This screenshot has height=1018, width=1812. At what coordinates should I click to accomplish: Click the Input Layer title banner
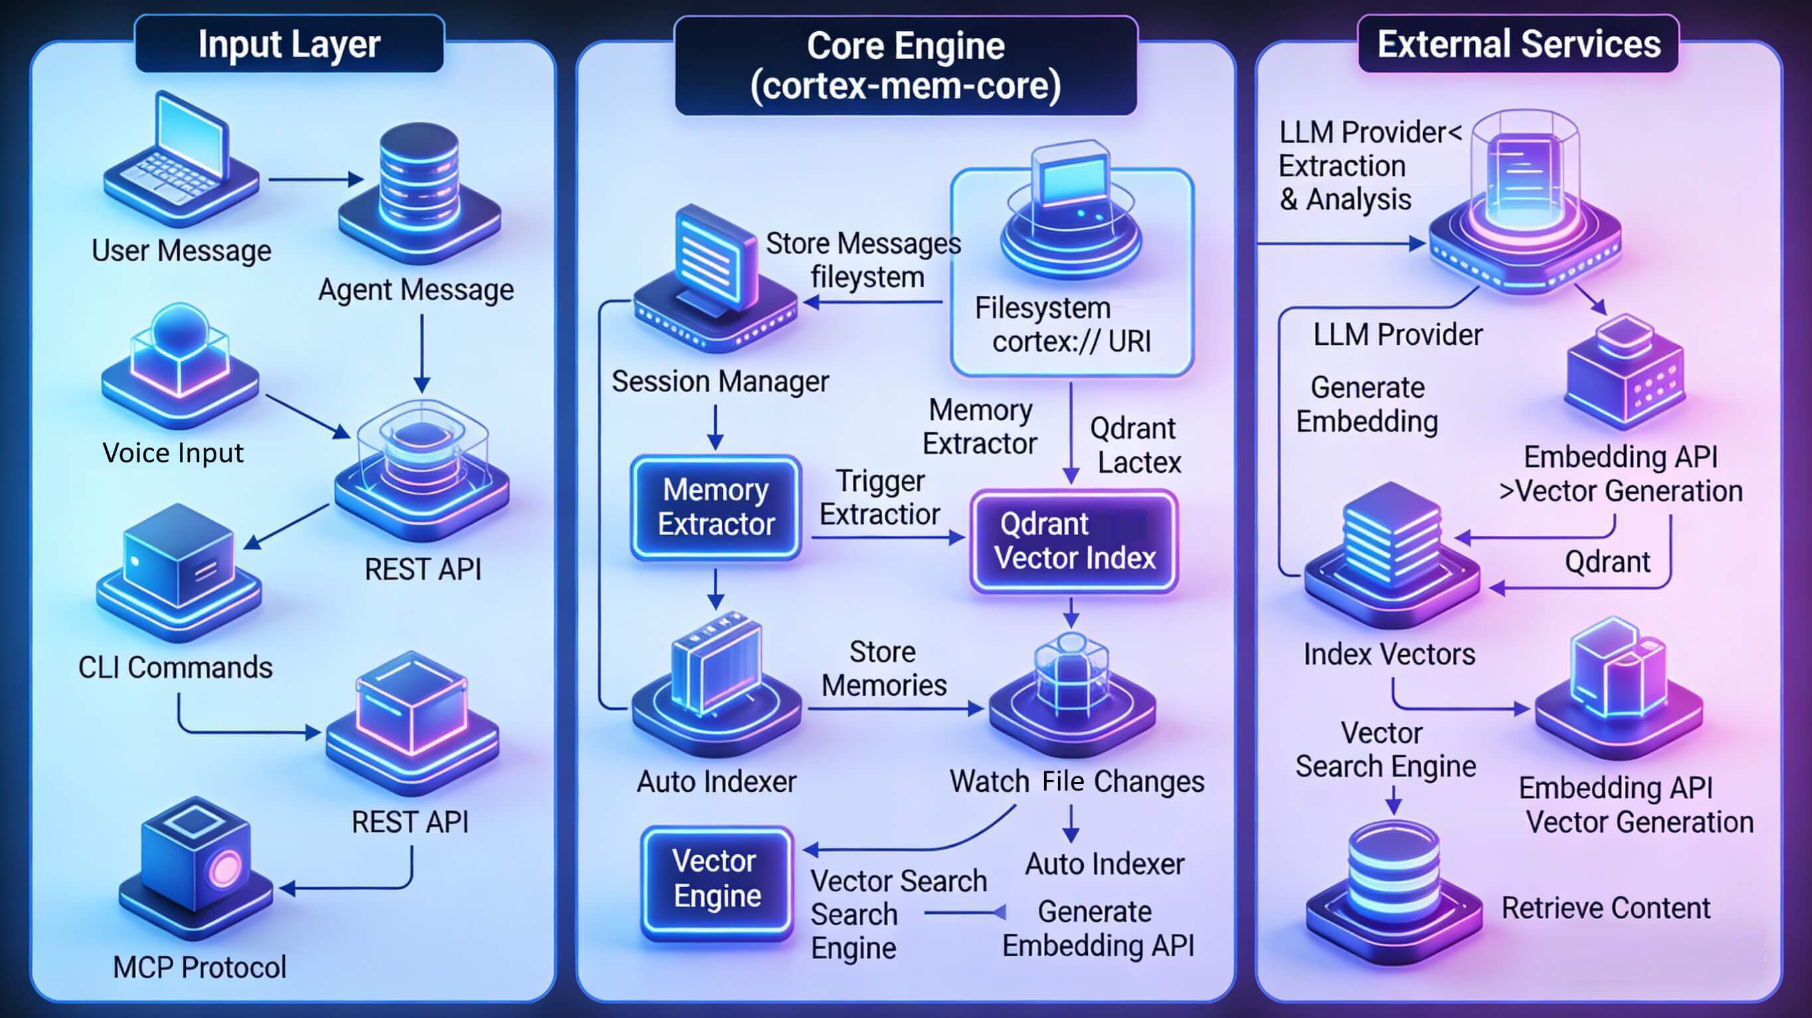click(289, 44)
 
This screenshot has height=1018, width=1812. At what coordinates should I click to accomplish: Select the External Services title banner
click(1519, 44)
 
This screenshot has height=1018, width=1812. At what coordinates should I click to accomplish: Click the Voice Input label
click(173, 453)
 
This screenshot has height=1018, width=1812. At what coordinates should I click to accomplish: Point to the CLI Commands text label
click(175, 667)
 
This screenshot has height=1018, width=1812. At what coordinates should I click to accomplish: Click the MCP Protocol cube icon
click(196, 868)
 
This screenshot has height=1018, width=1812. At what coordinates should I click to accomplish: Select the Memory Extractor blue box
click(716, 507)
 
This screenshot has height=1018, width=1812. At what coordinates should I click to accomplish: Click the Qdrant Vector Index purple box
click(1074, 541)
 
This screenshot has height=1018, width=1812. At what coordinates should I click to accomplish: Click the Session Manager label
click(720, 381)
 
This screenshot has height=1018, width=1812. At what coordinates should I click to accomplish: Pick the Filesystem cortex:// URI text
click(1062, 325)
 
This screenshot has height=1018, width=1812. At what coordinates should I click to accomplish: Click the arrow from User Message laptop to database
click(316, 180)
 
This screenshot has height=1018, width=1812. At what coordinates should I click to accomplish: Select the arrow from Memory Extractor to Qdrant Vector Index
click(887, 539)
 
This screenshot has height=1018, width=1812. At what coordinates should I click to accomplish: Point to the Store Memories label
click(883, 668)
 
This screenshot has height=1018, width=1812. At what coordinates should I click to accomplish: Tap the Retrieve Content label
click(1606, 909)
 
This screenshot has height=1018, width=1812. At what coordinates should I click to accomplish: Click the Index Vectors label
click(1389, 655)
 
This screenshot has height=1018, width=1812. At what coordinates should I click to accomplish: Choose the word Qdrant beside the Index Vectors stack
click(1608, 562)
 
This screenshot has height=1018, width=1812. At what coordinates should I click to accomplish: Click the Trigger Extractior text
click(880, 498)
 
